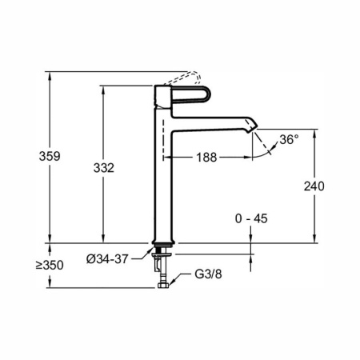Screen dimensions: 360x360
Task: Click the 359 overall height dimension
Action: coord(50,156)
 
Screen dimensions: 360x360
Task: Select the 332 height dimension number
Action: coord(104,168)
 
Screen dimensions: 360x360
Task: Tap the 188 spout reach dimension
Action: coord(206,158)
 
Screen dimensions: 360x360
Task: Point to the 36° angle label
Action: coord(289,139)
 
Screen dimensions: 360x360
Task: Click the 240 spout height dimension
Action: coord(314,186)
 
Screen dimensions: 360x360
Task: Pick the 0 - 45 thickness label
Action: coord(251,218)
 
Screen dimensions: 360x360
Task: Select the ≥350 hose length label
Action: coord(50,266)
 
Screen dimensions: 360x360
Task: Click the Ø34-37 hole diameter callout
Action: coord(107,259)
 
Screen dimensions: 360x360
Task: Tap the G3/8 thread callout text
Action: coord(208,274)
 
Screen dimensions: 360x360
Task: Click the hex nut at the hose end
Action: coord(163,286)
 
